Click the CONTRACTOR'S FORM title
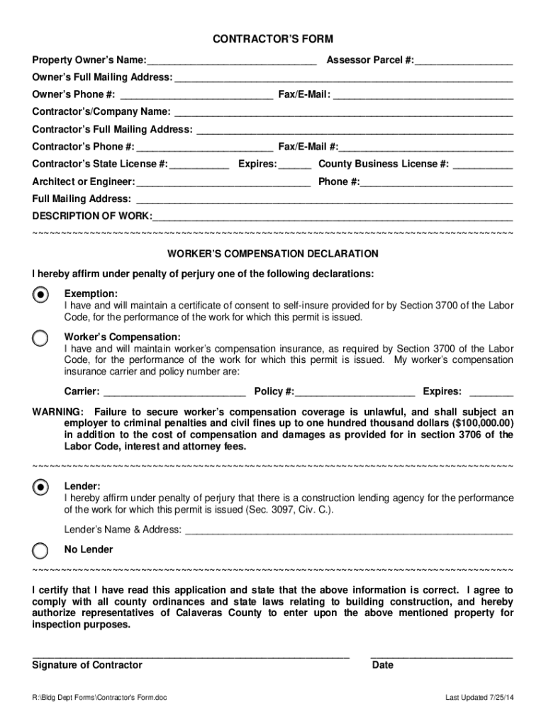pos(273,39)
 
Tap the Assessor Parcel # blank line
pos(464,61)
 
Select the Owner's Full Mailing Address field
pos(343,78)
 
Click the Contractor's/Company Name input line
pos(343,113)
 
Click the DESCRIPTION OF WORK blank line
pos(333,217)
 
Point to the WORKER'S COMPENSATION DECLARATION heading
pos(273,254)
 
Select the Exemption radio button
pos(41,294)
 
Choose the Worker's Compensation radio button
pos(41,337)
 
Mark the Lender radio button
pos(41,486)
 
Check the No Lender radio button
pos(41,550)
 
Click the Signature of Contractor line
pos(191,657)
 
